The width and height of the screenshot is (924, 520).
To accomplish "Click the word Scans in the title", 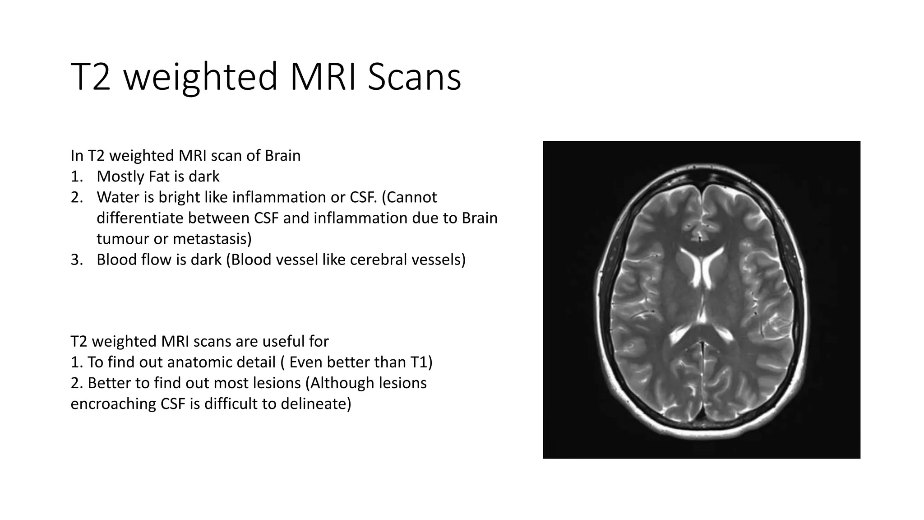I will pos(414,77).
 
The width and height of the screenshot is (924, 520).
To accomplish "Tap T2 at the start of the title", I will pos(91,77).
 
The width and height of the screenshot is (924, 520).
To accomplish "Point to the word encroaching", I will pos(113,404).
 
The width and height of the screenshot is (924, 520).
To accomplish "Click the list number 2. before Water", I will pos(77,197).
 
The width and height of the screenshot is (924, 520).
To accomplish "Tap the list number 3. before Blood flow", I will pos(77,260).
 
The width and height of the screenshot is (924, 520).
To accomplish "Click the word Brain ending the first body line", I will pos(282,156).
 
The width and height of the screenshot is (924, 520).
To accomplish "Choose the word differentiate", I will pos(140,218).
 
